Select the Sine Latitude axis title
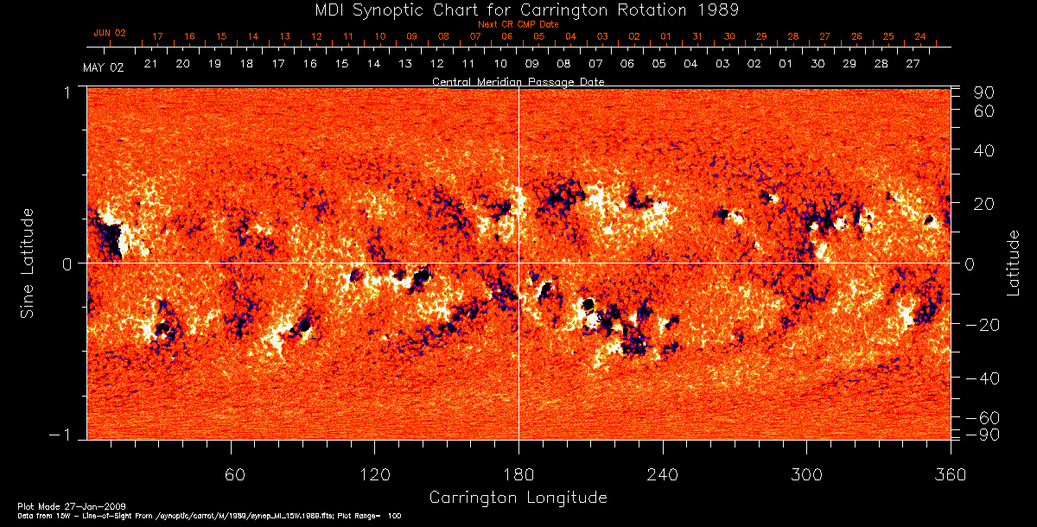[x=28, y=263]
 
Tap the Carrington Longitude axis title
[x=518, y=498]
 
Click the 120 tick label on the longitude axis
[x=374, y=474]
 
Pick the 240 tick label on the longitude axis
[x=662, y=474]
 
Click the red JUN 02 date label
[x=110, y=33]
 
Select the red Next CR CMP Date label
[x=518, y=25]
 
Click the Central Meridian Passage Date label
[x=518, y=82]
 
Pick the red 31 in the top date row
[x=697, y=37]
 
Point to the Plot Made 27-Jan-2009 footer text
[x=54, y=505]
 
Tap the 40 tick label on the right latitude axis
[x=986, y=150]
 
